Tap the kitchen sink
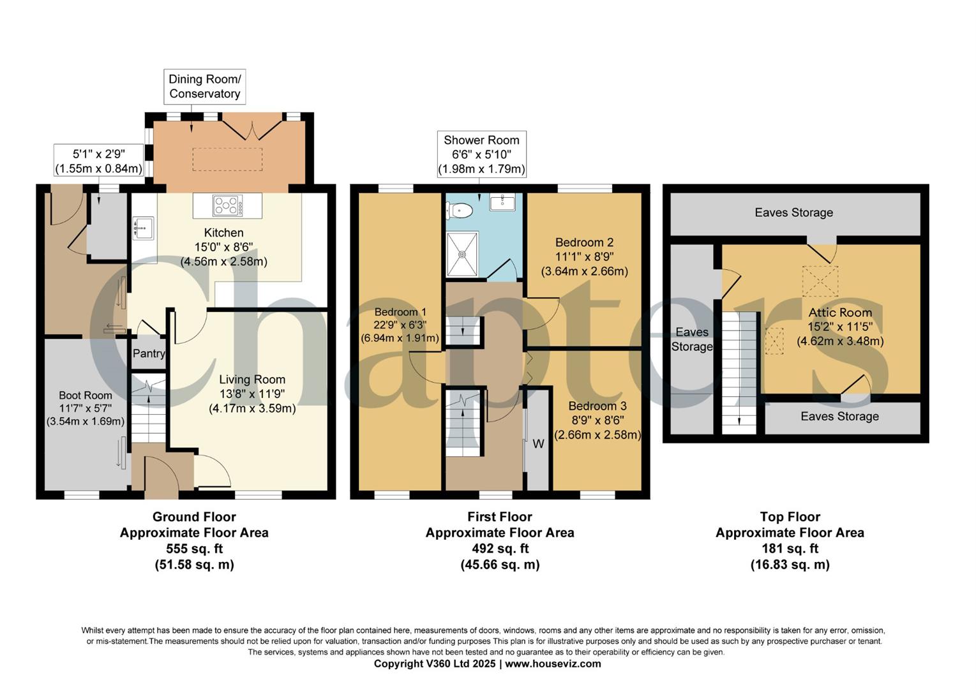pyautogui.click(x=142, y=228)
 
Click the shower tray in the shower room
pyautogui.click(x=464, y=254)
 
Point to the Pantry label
pyautogui.click(x=149, y=353)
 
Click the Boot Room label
pyautogui.click(x=86, y=396)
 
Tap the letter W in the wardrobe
pyautogui.click(x=538, y=443)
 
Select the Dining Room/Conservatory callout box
pyautogui.click(x=204, y=87)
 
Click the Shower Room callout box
pyautogui.click(x=481, y=154)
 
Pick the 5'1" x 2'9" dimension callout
pyautogui.click(x=98, y=161)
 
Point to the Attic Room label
pyautogui.click(x=840, y=313)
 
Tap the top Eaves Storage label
pyautogui.click(x=793, y=212)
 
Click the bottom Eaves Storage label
pyautogui.click(x=839, y=417)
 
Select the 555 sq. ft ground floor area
pyautogui.click(x=194, y=549)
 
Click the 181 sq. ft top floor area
pyautogui.click(x=790, y=549)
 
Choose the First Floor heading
pyautogui.click(x=499, y=517)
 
